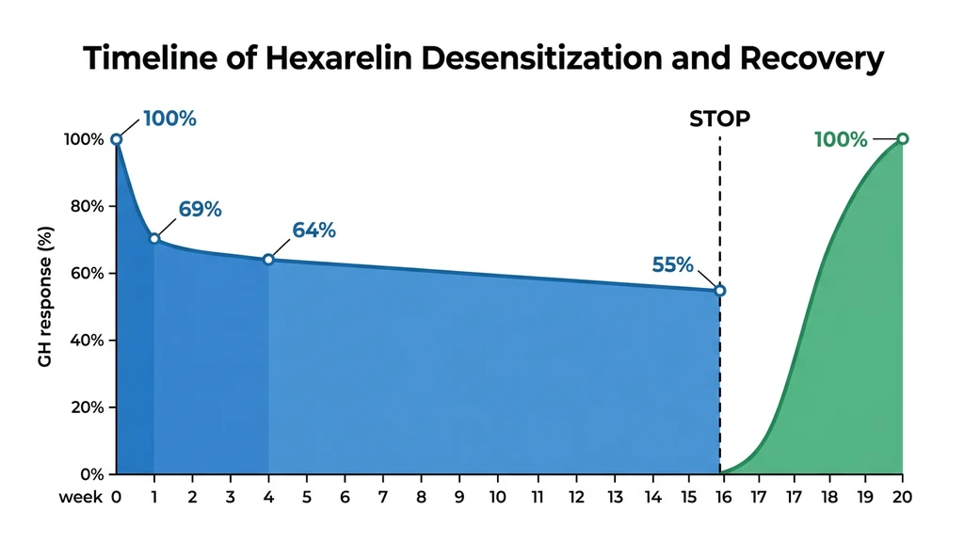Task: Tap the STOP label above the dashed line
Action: [x=720, y=120]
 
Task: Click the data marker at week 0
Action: [x=117, y=139]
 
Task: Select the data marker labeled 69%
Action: [x=154, y=238]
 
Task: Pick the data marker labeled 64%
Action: [x=268, y=259]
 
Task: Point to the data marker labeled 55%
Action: [x=720, y=291]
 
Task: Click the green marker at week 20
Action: [x=903, y=139]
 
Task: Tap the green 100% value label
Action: [x=840, y=139]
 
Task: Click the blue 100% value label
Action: [x=169, y=120]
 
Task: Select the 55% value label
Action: [x=671, y=265]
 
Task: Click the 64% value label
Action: [x=314, y=231]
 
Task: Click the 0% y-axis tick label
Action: [x=90, y=474]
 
